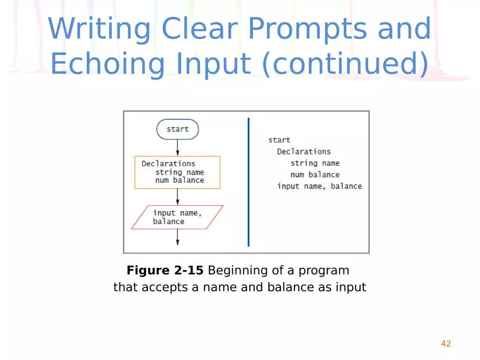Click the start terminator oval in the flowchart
(177, 129)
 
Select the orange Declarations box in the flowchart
(177, 172)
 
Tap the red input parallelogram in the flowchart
(177, 217)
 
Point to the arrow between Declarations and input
(177, 196)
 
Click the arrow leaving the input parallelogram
(177, 237)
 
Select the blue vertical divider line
(248, 182)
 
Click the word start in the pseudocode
(279, 140)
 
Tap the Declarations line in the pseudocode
(303, 152)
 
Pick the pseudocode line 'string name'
(315, 163)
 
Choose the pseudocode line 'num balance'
(315, 175)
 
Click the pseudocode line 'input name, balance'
(319, 186)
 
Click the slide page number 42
(446, 344)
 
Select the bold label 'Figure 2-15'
(165, 271)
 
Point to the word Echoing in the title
(107, 64)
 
